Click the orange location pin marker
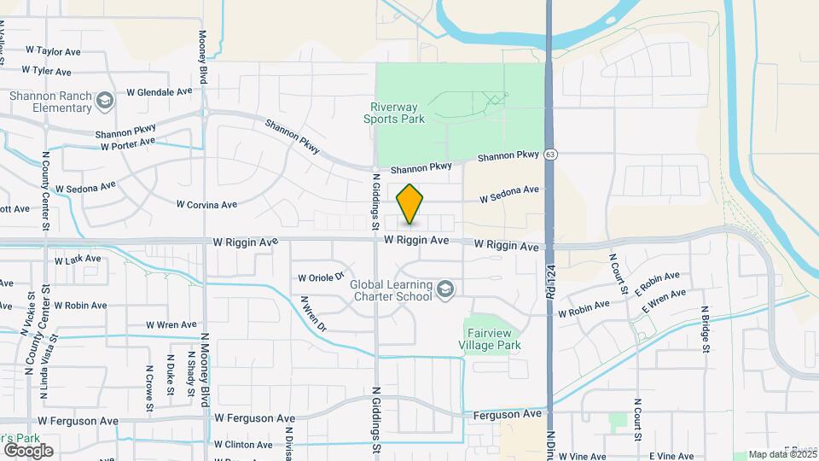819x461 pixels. pyautogui.click(x=409, y=204)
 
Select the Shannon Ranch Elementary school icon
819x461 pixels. pyautogui.click(x=104, y=102)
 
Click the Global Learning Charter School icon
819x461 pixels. pyautogui.click(x=444, y=291)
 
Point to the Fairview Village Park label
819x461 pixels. pyautogui.click(x=490, y=339)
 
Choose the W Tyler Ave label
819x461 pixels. pyautogui.click(x=47, y=71)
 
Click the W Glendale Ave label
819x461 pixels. pyautogui.click(x=159, y=91)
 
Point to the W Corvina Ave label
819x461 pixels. pyautogui.click(x=206, y=205)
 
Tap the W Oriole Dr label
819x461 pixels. pyautogui.click(x=321, y=277)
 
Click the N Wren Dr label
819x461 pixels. pyautogui.click(x=312, y=313)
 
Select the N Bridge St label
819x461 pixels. pyautogui.click(x=706, y=329)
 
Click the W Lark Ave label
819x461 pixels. pyautogui.click(x=78, y=260)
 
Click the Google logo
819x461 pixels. pyautogui.click(x=28, y=450)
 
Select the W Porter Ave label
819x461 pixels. pyautogui.click(x=128, y=144)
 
